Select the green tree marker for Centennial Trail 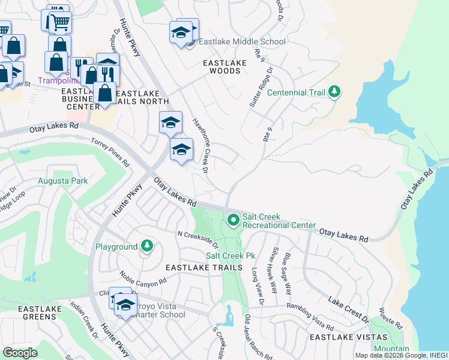(x=335, y=92)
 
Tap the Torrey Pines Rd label (x=110, y=152)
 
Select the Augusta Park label (x=63, y=181)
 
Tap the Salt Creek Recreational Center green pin (x=233, y=221)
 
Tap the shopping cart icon (x=59, y=22)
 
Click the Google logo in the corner (x=20, y=352)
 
